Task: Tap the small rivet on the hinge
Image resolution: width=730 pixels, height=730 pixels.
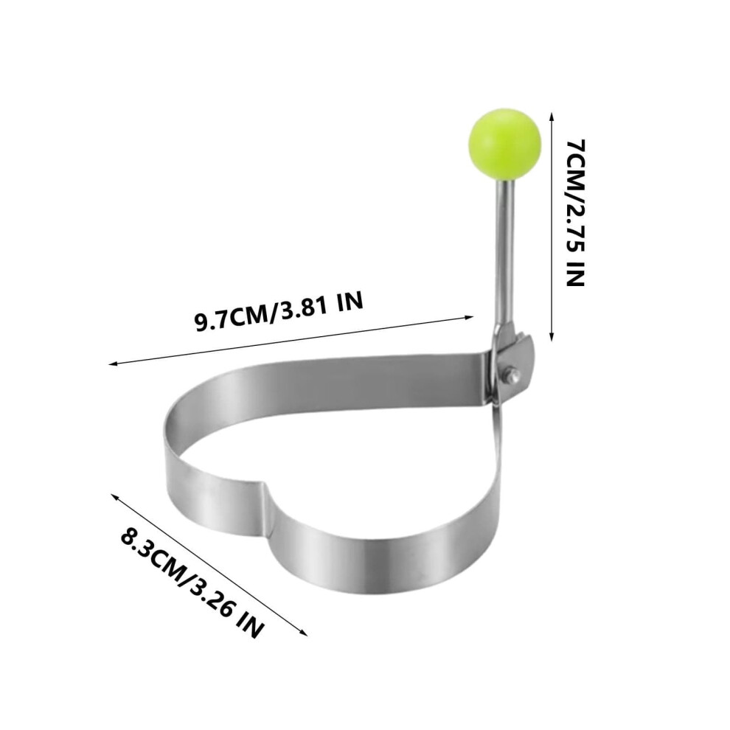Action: click(514, 372)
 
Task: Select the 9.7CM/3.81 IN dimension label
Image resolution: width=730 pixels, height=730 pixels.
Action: click(279, 311)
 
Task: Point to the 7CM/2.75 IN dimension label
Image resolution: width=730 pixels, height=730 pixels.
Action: click(574, 213)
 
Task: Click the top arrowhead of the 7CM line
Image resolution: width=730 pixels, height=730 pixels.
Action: click(552, 116)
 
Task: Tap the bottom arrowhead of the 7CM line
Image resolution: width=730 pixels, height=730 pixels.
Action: click(552, 337)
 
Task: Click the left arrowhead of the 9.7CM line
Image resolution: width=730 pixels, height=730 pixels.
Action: click(113, 363)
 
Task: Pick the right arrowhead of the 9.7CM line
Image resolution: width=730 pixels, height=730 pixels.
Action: click(468, 318)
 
